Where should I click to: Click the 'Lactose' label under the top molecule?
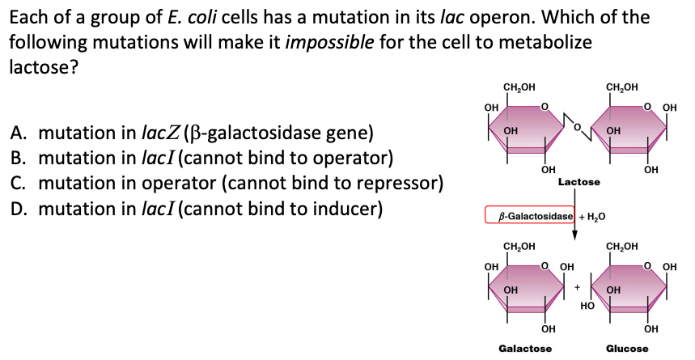point(578,182)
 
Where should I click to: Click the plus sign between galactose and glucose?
point(577,287)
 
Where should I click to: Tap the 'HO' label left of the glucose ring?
point(588,306)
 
